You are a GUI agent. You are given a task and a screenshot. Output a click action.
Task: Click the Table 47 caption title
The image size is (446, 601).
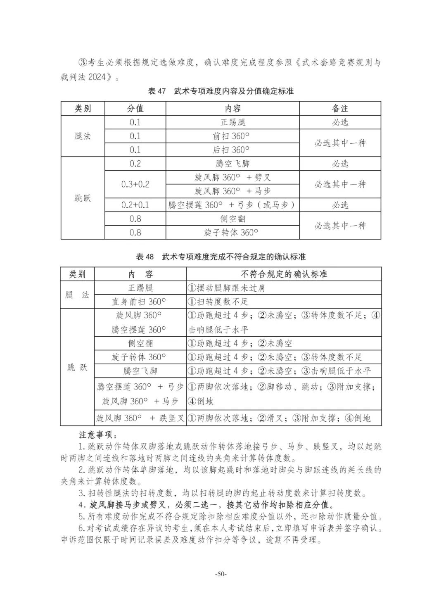click(221, 91)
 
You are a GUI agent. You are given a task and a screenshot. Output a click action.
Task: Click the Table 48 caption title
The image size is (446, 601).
click(221, 257)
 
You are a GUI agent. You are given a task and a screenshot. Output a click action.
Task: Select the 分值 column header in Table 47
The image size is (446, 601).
click(135, 109)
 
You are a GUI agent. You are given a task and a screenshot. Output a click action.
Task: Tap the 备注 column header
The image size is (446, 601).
click(340, 109)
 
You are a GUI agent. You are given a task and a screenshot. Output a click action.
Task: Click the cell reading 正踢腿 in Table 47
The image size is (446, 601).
click(232, 122)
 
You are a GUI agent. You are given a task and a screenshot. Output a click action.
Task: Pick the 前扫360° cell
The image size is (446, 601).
click(232, 136)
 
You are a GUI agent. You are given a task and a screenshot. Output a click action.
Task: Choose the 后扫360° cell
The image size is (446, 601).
click(232, 150)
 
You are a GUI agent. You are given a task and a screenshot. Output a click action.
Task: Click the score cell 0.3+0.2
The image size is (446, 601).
click(135, 184)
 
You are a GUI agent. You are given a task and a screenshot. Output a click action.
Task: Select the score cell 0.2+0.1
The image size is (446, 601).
click(135, 205)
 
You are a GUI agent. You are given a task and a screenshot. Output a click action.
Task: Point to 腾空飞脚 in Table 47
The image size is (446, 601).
click(232, 164)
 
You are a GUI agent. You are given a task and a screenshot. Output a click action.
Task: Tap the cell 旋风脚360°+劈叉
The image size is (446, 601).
click(232, 178)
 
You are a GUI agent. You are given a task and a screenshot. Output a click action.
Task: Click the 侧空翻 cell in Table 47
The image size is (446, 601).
click(232, 219)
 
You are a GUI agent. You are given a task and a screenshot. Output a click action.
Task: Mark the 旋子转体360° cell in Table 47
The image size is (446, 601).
click(232, 233)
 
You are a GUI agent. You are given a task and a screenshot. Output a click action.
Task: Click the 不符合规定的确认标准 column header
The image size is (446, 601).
click(284, 274)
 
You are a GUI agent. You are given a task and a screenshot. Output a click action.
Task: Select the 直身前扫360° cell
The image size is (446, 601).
click(139, 302)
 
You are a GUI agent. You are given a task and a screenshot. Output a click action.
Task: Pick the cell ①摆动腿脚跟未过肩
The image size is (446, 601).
click(226, 288)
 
